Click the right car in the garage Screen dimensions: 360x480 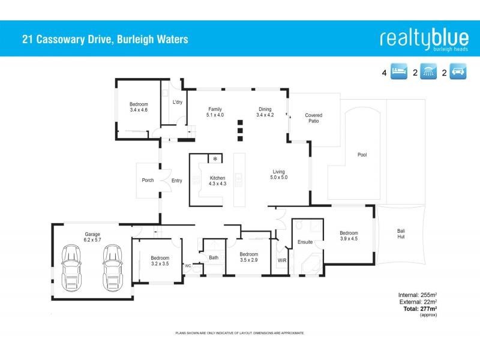[112, 267]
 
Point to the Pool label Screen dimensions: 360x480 [362, 155]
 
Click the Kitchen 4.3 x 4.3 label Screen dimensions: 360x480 [217, 181]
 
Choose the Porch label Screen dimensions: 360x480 [148, 180]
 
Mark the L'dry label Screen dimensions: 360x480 [178, 102]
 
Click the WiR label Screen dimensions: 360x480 [282, 260]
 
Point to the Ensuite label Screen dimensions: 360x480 [305, 242]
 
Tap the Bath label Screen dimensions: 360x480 [214, 258]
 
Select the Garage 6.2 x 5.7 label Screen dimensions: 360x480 [92, 237]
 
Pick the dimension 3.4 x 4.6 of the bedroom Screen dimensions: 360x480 [139, 110]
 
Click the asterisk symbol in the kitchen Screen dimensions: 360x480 [215, 159]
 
